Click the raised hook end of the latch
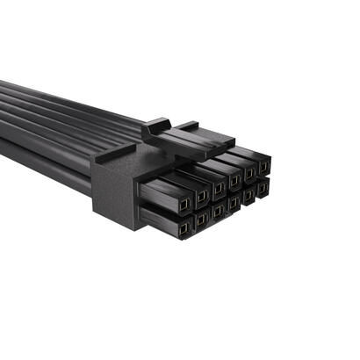(156, 128)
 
